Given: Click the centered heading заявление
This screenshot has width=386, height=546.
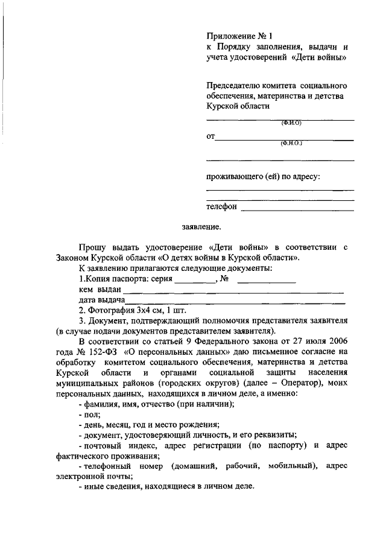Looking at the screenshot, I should click(x=201, y=227).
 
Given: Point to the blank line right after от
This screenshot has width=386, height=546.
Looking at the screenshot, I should click(x=284, y=140).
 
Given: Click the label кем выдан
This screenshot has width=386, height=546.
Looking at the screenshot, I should click(x=100, y=290).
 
